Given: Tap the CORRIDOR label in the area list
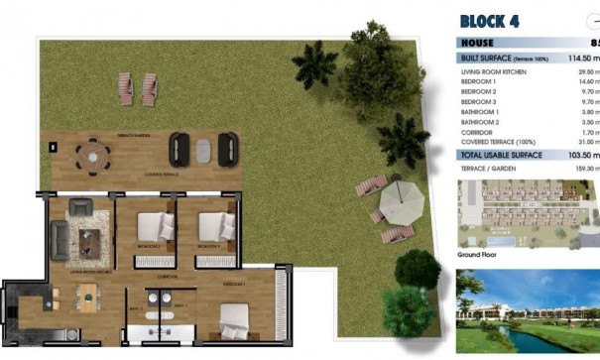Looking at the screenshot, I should coord(479,131).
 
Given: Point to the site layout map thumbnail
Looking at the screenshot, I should coord(528,214).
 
